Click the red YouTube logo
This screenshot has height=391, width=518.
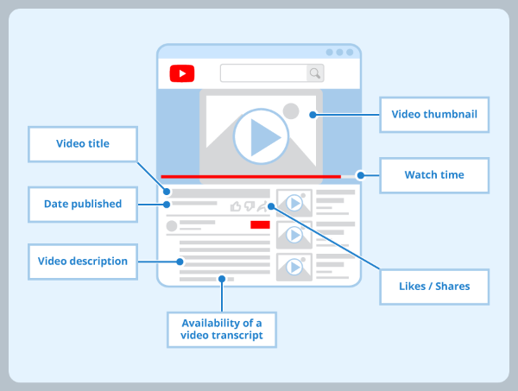(182, 73)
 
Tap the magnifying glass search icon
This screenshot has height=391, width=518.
(315, 73)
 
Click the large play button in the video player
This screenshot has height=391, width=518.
(260, 135)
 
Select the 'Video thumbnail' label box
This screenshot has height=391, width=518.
(434, 114)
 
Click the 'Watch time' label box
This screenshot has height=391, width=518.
(434, 175)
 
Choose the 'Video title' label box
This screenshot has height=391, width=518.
(82, 143)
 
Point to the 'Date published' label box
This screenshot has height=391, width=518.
(82, 205)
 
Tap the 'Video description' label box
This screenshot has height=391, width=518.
(82, 261)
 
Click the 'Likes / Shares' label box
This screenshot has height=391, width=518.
(435, 286)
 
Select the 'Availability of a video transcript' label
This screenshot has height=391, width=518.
(222, 329)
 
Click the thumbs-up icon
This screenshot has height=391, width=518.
(236, 206)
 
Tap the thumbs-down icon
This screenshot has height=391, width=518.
(249, 206)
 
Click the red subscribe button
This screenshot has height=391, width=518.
(260, 224)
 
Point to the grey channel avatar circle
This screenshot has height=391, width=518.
(172, 226)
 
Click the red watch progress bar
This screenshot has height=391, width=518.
(250, 176)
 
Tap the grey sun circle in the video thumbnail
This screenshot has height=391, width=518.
(291, 110)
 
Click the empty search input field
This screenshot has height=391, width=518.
(263, 73)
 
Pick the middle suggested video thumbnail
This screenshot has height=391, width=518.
(294, 235)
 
